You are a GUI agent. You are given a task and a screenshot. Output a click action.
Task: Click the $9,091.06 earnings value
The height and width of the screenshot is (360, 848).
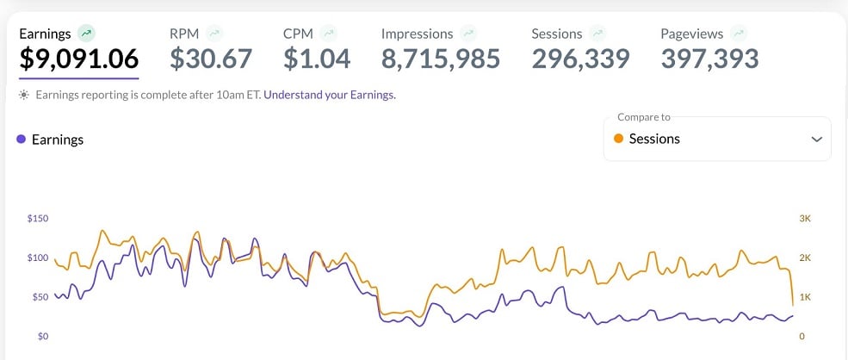coord(78,59)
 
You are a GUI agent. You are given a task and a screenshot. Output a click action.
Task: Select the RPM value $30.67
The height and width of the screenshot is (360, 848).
coord(211,59)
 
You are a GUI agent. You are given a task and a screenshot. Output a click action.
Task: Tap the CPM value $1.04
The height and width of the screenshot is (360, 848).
coord(317,59)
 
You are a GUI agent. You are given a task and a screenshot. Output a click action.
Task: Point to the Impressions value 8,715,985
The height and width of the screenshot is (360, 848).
coord(441,59)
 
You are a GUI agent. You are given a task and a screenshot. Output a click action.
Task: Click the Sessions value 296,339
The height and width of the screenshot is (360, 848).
coord(580,59)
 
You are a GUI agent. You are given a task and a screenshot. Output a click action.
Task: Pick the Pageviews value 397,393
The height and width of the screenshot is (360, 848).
coord(710,59)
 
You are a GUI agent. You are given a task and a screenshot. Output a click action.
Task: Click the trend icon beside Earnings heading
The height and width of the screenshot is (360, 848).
coord(85,34)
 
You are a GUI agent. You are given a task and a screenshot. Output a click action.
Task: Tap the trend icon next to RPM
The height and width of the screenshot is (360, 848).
coord(214,34)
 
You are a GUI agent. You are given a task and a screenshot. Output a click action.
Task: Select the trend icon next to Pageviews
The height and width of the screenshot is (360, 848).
coord(739,34)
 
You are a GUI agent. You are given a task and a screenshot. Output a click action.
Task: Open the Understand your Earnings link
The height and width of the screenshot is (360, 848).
coord(330,95)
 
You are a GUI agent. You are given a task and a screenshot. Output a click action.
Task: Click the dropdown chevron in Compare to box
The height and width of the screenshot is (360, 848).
coord(816,139)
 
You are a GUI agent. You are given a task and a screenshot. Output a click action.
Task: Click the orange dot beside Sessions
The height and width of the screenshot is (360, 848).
coord(618,139)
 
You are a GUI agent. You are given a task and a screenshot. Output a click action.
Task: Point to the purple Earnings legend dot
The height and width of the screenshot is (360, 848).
coord(21,139)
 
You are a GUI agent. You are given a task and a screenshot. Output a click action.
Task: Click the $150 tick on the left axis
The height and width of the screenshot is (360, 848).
coord(38,219)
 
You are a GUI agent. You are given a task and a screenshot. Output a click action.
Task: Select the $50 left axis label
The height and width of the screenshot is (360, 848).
coord(40,297)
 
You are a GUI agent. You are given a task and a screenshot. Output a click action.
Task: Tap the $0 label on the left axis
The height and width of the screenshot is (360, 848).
coord(43,336)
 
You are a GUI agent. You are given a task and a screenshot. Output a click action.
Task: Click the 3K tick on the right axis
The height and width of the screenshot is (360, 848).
coord(805,219)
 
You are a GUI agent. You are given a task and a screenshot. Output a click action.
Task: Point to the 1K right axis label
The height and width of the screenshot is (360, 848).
coord(805,297)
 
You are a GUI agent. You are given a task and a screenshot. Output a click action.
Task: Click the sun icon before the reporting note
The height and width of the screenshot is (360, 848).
coord(24,95)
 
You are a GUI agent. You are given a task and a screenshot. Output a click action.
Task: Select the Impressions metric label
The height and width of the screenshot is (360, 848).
coord(417,34)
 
